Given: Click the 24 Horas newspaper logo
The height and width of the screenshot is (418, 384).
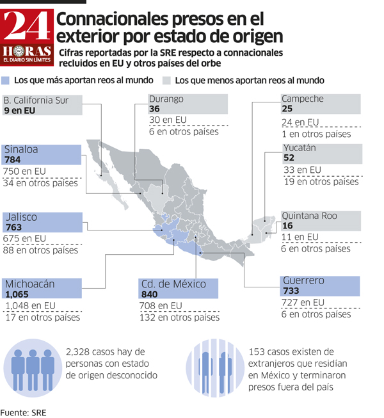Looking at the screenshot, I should [x=27, y=38].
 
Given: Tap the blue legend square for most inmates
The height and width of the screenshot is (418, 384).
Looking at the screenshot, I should [x=6, y=81].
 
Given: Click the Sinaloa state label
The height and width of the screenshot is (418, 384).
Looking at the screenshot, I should [x=21, y=150].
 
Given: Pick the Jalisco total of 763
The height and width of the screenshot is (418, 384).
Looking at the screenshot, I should [x=13, y=227].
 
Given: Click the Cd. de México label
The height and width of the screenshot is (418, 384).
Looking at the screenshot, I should [x=169, y=284].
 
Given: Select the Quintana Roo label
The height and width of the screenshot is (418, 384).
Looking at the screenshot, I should [x=309, y=216].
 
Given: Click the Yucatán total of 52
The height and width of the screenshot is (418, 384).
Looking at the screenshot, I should [x=289, y=158].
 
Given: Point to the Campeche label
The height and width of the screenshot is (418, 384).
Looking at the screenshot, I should [x=303, y=99].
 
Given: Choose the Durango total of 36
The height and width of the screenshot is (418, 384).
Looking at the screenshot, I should [x=156, y=109].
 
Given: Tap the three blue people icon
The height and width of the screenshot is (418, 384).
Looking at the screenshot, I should [x=33, y=368].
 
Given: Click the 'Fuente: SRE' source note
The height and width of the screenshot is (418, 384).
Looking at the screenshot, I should [x=23, y=412].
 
